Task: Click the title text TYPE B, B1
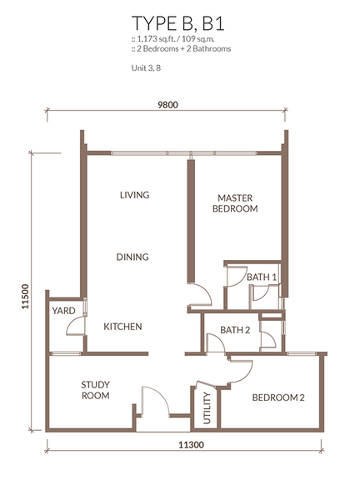pyautogui.click(x=178, y=23)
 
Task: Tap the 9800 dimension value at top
pyautogui.click(x=167, y=105)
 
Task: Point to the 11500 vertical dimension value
pyautogui.click(x=26, y=296)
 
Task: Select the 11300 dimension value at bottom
pyautogui.click(x=191, y=444)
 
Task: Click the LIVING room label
pyautogui.click(x=134, y=195)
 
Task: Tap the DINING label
pyautogui.click(x=132, y=257)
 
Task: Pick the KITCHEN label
pyautogui.click(x=122, y=327)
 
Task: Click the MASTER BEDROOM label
pyautogui.click(x=235, y=203)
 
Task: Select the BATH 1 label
pyautogui.click(x=262, y=277)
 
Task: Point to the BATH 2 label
pyautogui.click(x=235, y=330)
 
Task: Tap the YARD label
pyautogui.click(x=64, y=311)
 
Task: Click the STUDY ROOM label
pyautogui.click(x=95, y=390)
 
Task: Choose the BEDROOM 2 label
pyautogui.click(x=278, y=397)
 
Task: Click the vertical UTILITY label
pyautogui.click(x=207, y=408)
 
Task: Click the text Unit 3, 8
pyautogui.click(x=146, y=68)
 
